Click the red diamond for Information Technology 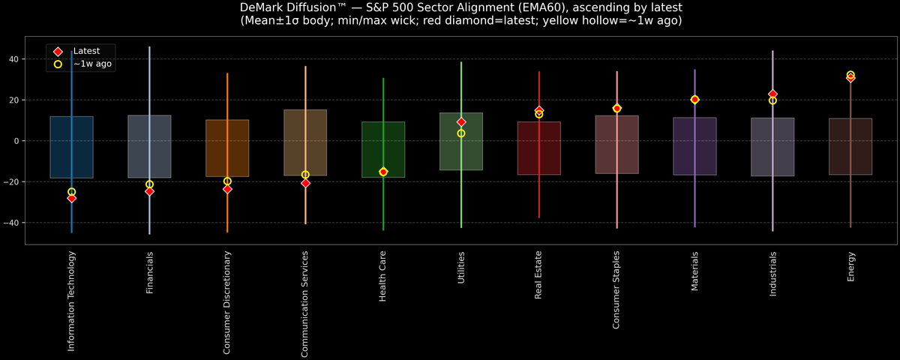tap(71, 198)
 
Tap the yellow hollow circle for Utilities tap(461, 133)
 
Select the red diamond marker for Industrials tap(772, 94)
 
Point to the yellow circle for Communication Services tap(305, 175)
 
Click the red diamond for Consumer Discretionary tap(227, 189)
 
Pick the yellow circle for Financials tap(149, 184)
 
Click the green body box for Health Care tap(383, 149)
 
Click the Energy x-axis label tap(850, 266)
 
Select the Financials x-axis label tap(149, 272)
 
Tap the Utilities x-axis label tap(461, 268)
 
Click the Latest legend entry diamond tap(58, 51)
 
